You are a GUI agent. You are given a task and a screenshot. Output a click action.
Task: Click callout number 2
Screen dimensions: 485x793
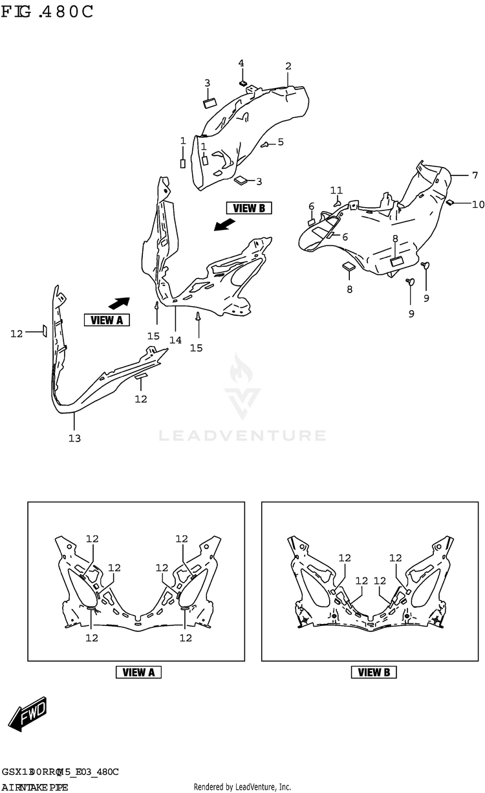pyautogui.click(x=288, y=66)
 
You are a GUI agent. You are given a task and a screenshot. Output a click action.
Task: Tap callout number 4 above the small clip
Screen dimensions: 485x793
pyautogui.click(x=241, y=63)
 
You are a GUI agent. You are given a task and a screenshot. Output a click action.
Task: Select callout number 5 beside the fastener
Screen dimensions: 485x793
pyautogui.click(x=281, y=142)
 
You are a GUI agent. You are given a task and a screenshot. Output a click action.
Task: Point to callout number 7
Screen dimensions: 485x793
pyautogui.click(x=474, y=175)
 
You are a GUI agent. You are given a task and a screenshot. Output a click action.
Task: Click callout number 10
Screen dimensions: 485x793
pyautogui.click(x=477, y=205)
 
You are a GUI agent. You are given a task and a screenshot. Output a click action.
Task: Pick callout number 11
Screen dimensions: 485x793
pyautogui.click(x=336, y=190)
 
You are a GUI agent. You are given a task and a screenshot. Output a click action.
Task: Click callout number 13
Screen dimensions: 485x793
pyautogui.click(x=74, y=439)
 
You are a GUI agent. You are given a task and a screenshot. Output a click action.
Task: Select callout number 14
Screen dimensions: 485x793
pyautogui.click(x=176, y=340)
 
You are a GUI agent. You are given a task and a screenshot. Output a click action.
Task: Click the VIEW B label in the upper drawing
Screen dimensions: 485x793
pyautogui.click(x=249, y=208)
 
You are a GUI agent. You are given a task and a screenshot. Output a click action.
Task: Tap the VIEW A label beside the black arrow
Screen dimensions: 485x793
pyautogui.click(x=107, y=319)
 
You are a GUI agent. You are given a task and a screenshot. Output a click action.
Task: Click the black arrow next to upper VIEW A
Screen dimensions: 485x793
pyautogui.click(x=119, y=302)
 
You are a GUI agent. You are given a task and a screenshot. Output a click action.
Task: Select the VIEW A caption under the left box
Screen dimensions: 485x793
pyautogui.click(x=138, y=672)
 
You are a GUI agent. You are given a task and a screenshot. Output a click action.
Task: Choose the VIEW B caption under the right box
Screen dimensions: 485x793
pyautogui.click(x=374, y=672)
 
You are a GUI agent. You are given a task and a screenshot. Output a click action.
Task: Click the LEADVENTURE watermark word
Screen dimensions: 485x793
pyautogui.click(x=242, y=436)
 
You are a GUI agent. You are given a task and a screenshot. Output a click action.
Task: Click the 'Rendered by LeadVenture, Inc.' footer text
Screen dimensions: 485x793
pyautogui.click(x=242, y=787)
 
